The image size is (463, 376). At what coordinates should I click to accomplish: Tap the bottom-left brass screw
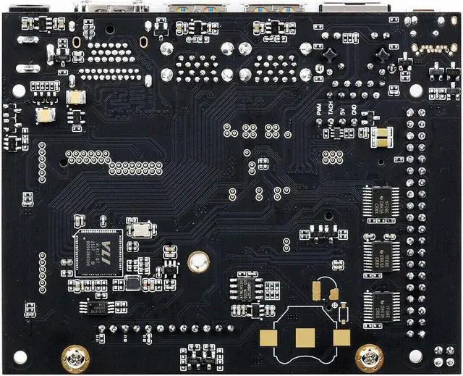[75, 356]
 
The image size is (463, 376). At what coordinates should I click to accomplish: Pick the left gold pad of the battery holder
[269, 341]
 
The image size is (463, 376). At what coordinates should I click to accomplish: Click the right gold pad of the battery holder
[341, 338]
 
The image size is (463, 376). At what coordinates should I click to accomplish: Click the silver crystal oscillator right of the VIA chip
[140, 230]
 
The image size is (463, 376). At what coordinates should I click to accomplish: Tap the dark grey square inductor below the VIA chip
[132, 283]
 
